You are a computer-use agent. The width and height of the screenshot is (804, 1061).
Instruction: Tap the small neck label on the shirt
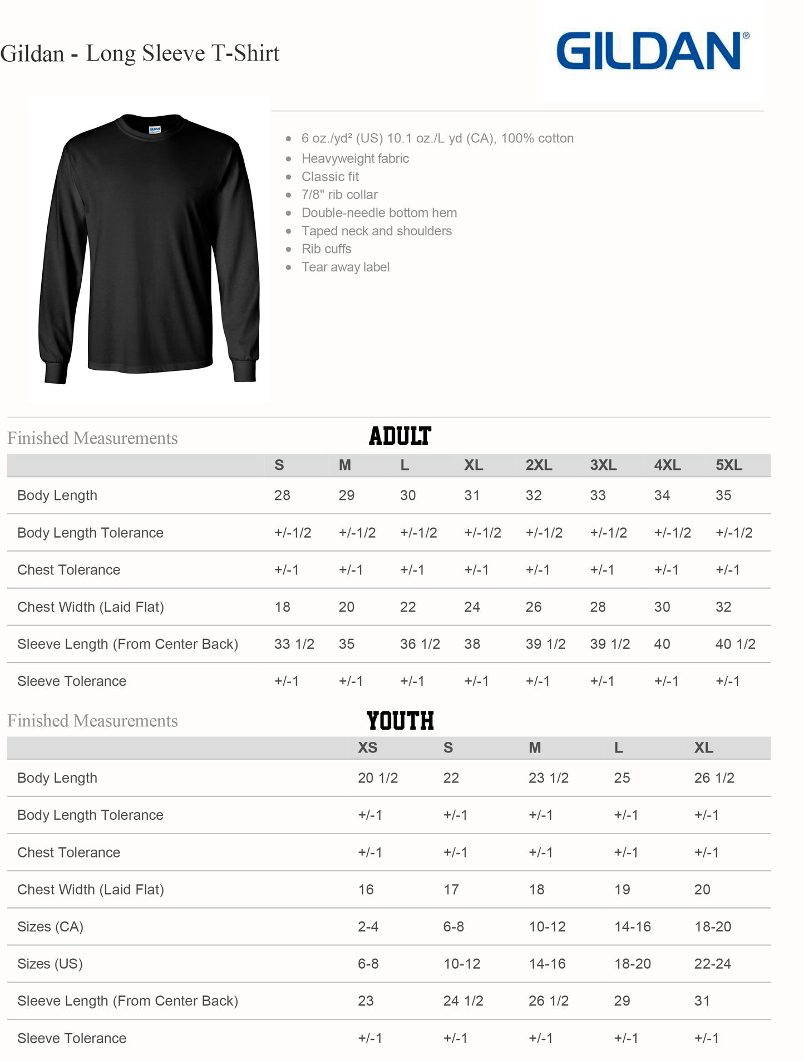[155, 130]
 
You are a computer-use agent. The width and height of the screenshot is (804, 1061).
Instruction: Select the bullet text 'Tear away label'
[345, 267]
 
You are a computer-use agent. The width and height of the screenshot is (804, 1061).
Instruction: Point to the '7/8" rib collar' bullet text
[339, 195]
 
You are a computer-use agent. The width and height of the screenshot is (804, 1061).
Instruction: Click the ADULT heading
[400, 436]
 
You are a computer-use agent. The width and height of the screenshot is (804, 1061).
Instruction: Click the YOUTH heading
[400, 721]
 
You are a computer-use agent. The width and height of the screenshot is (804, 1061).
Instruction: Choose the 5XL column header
[729, 465]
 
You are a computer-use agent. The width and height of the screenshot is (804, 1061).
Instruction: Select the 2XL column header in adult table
[539, 465]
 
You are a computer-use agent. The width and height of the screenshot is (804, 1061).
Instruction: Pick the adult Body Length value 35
[723, 495]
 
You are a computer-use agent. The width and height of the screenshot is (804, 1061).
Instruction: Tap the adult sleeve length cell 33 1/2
[294, 644]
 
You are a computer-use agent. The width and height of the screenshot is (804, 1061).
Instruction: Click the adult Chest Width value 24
[472, 607]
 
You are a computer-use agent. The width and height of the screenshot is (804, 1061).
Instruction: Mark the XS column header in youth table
[367, 748]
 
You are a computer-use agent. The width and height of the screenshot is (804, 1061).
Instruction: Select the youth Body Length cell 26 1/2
[714, 778]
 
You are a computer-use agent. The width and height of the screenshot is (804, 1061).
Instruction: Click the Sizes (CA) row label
[50, 927]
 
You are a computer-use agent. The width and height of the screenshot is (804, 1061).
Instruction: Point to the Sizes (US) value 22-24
[712, 964]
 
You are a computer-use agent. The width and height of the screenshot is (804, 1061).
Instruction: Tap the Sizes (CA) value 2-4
[368, 927]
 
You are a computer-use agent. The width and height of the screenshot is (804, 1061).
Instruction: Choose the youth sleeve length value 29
[622, 1001]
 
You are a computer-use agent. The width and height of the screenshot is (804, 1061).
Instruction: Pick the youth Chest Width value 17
[451, 890]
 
